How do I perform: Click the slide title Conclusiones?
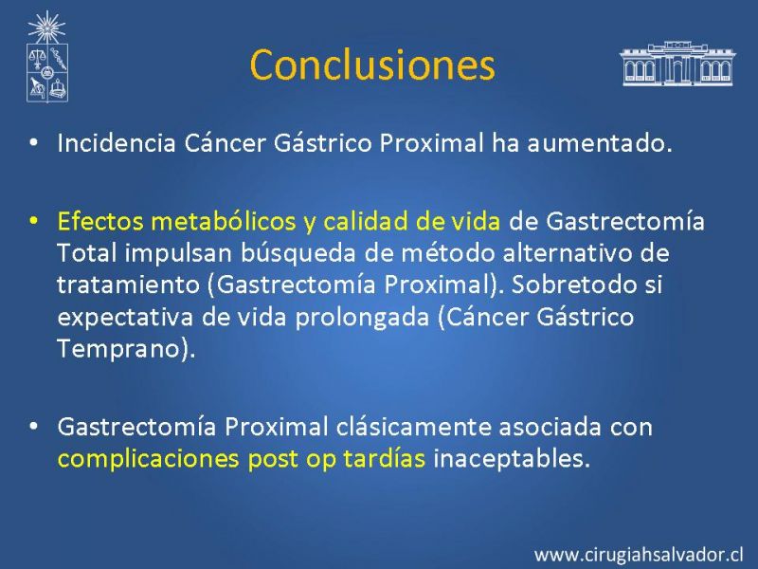pyautogui.click(x=372, y=64)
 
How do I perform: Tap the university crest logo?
pyautogui.click(x=46, y=57)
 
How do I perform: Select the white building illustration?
pyautogui.click(x=677, y=64)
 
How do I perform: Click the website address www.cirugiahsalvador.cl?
pyautogui.click(x=638, y=554)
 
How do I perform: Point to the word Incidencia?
pyautogui.click(x=116, y=143)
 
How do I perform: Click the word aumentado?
pyautogui.click(x=599, y=144)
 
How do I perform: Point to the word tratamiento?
pyautogui.click(x=128, y=284)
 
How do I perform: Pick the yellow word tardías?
pyautogui.click(x=385, y=458)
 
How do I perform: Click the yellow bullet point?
pyautogui.click(x=33, y=221)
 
